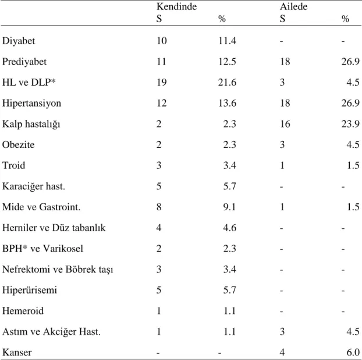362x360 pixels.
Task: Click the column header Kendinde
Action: tap(176, 6)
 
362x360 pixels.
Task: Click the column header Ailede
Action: tap(294, 6)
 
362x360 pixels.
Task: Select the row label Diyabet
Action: tap(19, 41)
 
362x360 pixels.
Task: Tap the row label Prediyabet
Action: tap(24, 62)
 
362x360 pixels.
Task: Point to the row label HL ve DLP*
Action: tap(29, 82)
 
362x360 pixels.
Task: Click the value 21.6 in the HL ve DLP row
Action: tap(227, 82)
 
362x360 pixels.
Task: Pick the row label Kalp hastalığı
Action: tap(31, 124)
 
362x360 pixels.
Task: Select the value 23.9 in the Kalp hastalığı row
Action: tap(350, 124)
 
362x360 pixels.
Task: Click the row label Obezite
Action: tap(18, 144)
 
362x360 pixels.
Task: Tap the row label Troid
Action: tap(13, 165)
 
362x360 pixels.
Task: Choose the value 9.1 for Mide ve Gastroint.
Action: tap(229, 207)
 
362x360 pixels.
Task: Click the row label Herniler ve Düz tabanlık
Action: tap(54, 228)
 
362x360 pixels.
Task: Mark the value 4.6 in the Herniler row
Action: tap(229, 228)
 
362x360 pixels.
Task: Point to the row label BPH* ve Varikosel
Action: tap(42, 248)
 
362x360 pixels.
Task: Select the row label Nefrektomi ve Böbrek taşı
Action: tap(58, 270)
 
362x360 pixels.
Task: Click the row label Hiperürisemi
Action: tap(29, 290)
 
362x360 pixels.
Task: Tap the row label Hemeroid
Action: tap(23, 311)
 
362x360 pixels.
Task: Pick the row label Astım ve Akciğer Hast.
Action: tap(51, 332)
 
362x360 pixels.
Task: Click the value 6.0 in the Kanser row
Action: tap(353, 352)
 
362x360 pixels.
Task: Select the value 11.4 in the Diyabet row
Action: tap(227, 41)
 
